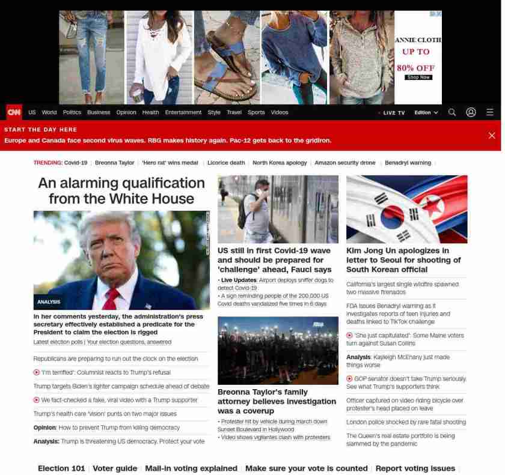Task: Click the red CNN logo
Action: (x=14, y=112)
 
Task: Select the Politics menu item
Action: (x=72, y=112)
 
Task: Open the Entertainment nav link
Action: (x=183, y=112)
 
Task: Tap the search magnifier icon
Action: (x=452, y=112)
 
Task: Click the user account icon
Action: (x=471, y=112)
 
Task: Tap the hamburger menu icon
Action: (x=490, y=112)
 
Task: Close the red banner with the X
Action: (x=492, y=136)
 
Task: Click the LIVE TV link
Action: (x=393, y=113)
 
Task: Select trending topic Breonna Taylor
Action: (x=114, y=163)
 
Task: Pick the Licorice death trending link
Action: (x=226, y=163)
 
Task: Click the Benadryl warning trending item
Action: (x=408, y=163)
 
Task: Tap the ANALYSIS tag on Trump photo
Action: (x=49, y=302)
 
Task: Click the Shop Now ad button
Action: (x=418, y=77)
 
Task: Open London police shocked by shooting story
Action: (x=406, y=422)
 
